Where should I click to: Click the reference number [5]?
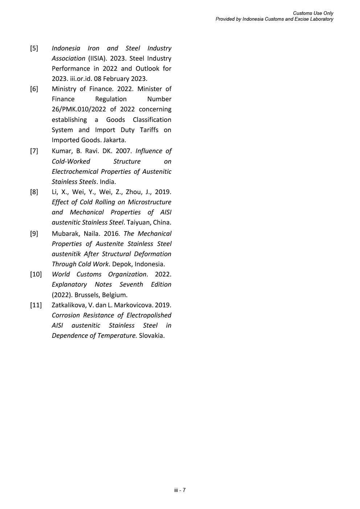(34, 48)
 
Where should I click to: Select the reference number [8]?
(34, 192)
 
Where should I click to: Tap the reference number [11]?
(36, 305)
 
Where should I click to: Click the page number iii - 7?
(180, 490)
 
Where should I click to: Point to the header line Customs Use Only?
(313, 13)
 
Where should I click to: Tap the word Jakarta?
(114, 140)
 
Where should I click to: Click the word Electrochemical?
(75, 172)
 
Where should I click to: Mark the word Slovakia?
(151, 336)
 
